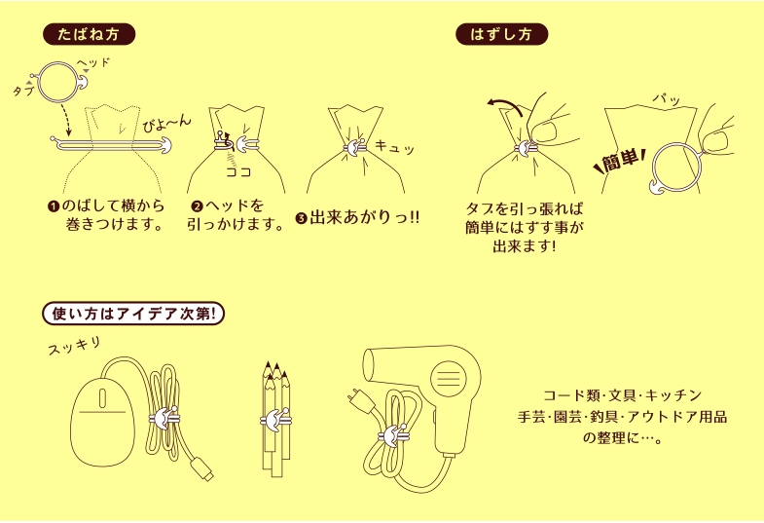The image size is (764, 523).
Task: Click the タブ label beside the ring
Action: point(22,91)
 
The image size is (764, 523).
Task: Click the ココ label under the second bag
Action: point(237,171)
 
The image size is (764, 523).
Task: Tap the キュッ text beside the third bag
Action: point(395,147)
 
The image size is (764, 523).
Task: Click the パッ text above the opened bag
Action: point(662,99)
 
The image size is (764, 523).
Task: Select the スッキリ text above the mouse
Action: point(74,347)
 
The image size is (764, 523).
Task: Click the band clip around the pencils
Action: point(274,422)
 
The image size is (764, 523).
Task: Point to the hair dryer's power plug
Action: point(355,399)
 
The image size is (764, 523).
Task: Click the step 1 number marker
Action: point(54,206)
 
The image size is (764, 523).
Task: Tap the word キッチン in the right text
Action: point(673,396)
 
